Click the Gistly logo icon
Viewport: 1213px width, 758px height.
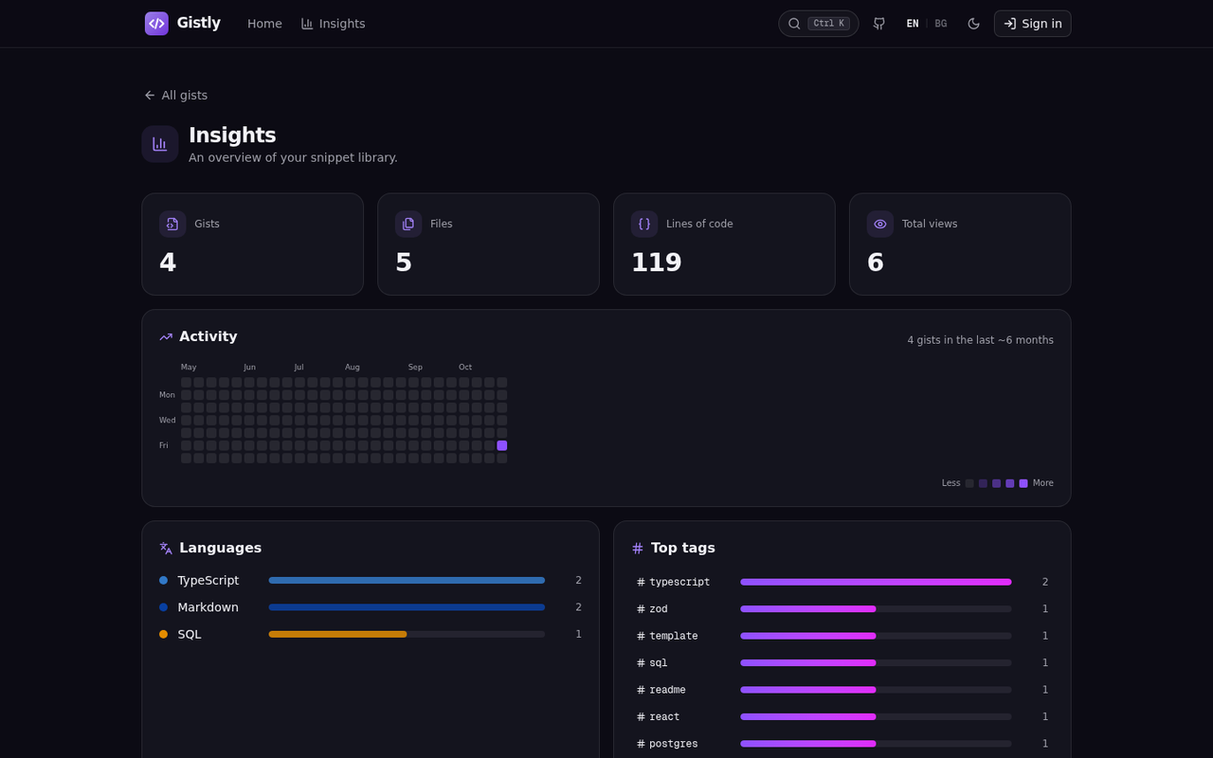pyautogui.click(x=156, y=24)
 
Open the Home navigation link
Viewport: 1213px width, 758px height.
pyautogui.click(x=264, y=24)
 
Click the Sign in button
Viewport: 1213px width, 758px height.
pyautogui.click(x=1032, y=24)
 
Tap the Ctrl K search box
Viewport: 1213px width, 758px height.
pyautogui.click(x=818, y=24)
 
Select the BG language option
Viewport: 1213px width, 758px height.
pyautogui.click(x=941, y=24)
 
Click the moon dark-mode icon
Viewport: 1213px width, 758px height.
pyautogui.click(x=973, y=24)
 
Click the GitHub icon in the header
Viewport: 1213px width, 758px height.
pyautogui.click(x=878, y=24)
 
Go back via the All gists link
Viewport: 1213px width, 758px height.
pyautogui.click(x=176, y=96)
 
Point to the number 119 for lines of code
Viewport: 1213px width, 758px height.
pyautogui.click(x=657, y=262)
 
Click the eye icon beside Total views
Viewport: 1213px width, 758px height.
pyautogui.click(x=880, y=225)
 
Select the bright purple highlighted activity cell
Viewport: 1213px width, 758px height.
pyautogui.click(x=502, y=445)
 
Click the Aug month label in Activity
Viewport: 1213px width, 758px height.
pyautogui.click(x=352, y=367)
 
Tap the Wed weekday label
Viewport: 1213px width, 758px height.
pyautogui.click(x=167, y=420)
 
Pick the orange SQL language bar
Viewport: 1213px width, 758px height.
pyautogui.click(x=337, y=634)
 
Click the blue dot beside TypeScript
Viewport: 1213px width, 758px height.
pyautogui.click(x=164, y=581)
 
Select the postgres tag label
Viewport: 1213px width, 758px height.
pyautogui.click(x=673, y=744)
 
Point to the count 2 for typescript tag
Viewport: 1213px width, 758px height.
pyautogui.click(x=1045, y=582)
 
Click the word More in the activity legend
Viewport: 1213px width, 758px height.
pyautogui.click(x=1043, y=483)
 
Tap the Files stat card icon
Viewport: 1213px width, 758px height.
pyautogui.click(x=408, y=225)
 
